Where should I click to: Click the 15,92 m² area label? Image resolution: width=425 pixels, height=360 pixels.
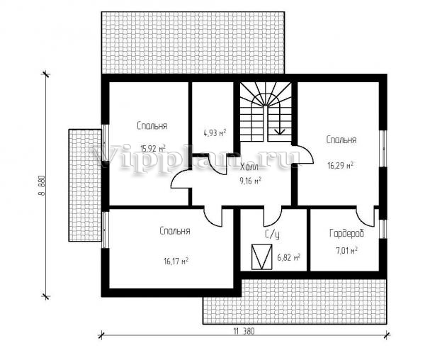pos(153,148)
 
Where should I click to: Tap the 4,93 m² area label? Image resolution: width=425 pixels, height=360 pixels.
pos(215,133)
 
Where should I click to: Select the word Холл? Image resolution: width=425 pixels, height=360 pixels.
pos(249,167)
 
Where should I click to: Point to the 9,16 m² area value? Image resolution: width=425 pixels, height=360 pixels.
pos(251,181)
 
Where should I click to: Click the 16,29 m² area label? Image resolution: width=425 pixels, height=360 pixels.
pos(341,165)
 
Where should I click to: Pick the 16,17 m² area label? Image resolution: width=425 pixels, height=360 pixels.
pos(176,261)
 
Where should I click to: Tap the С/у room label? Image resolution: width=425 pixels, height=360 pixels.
pos(272,235)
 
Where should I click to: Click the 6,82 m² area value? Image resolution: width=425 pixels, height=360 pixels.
pos(289,257)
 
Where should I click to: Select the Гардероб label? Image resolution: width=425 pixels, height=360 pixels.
pos(346,233)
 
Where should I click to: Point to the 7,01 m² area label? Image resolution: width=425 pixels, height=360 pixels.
pos(346,250)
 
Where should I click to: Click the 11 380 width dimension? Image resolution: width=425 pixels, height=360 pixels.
pos(244,331)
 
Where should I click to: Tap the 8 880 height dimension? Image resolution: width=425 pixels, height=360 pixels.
pos(42,186)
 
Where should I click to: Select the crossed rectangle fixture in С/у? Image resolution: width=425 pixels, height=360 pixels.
pos(262,257)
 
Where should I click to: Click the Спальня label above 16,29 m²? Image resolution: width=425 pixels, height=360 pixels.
pos(341,140)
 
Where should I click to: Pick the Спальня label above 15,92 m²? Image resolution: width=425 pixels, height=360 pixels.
pos(152,126)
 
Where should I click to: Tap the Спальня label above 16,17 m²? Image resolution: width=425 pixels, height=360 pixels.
pos(175,231)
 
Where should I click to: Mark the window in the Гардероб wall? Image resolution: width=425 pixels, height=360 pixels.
pos(383,229)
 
